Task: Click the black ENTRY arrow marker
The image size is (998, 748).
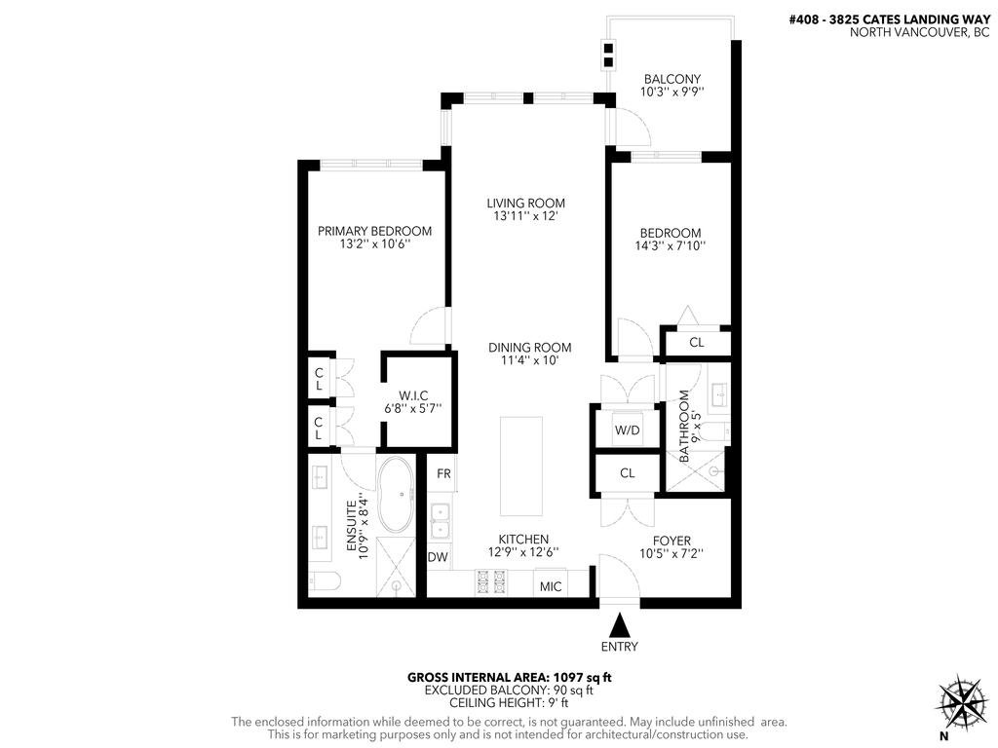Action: [x=620, y=623]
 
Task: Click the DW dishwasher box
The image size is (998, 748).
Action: [x=438, y=558]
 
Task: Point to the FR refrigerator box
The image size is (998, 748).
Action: [x=442, y=473]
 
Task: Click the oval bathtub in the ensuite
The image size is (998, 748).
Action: [x=397, y=496]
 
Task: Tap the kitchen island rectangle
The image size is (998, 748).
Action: [x=522, y=467]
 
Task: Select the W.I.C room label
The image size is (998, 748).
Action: [x=413, y=395]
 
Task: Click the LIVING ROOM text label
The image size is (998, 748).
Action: [x=526, y=204]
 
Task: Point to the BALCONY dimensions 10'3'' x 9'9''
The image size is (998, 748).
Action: [x=672, y=93]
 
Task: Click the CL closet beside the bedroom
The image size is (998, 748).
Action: [x=696, y=342]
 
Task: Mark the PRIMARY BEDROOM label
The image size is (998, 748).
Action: [x=374, y=231]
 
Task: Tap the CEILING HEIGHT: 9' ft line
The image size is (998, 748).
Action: [x=509, y=703]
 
